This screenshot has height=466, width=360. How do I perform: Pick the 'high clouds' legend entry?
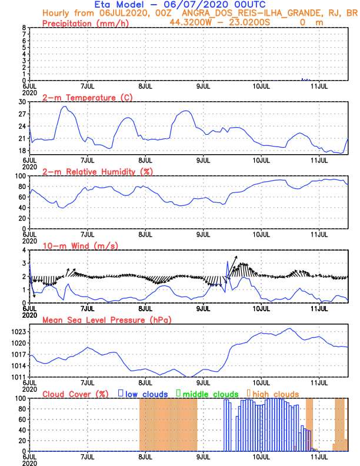[x=272, y=394]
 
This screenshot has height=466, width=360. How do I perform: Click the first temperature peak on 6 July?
[x=64, y=106]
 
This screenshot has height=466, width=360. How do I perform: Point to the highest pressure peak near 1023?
[x=289, y=329]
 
